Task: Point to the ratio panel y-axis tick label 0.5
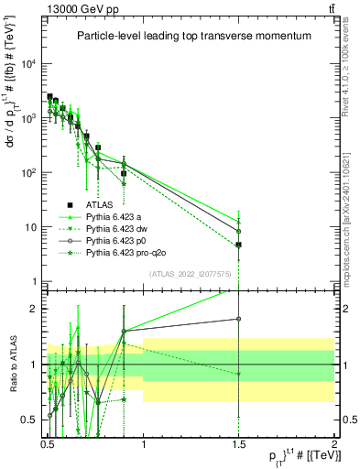click(29, 420)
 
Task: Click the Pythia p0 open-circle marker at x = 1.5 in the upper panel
click(238, 231)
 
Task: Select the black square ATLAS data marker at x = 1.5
click(238, 245)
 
